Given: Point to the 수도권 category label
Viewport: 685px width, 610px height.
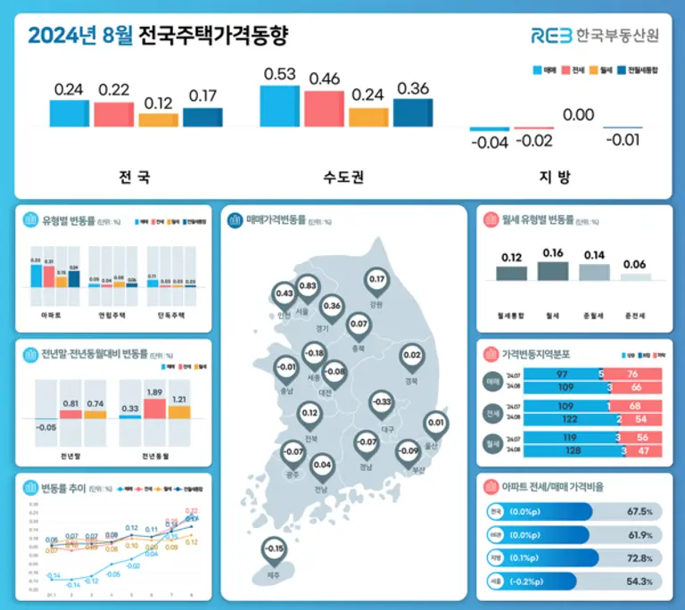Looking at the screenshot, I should coord(343,177).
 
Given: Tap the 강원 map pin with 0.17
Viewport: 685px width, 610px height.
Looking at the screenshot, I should coord(376,281).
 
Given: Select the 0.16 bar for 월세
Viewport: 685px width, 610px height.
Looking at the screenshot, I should coord(552,270).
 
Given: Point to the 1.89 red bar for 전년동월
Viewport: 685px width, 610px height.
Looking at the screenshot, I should coord(153,408).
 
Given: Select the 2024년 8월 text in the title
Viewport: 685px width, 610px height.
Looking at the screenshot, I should coord(80,37).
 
